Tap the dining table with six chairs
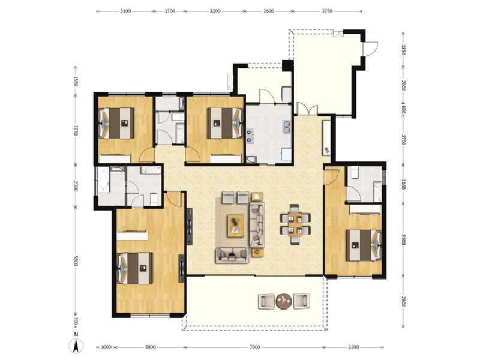click(x=295, y=224)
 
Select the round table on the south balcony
click(x=283, y=301)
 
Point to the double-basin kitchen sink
click(x=286, y=127)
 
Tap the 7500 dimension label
click(x=254, y=347)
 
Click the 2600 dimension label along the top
click(x=268, y=11)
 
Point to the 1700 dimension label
click(x=170, y=11)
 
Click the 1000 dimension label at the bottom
click(x=106, y=347)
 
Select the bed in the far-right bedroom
click(x=364, y=244)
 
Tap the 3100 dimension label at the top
click(x=125, y=11)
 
